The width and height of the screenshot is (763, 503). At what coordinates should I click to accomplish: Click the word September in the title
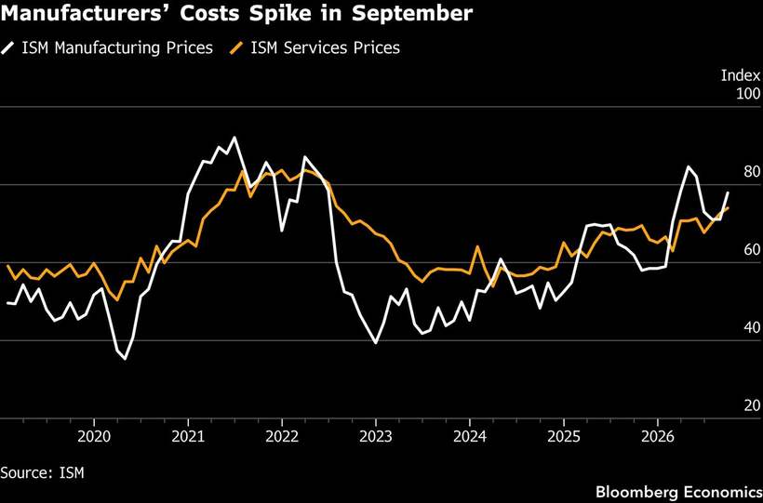411,13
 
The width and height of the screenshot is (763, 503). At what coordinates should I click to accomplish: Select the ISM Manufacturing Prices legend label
117,48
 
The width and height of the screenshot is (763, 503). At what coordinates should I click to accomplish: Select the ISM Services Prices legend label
326,48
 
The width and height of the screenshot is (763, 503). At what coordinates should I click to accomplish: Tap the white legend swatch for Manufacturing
8,48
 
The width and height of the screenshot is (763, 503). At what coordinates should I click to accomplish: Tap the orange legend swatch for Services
235,48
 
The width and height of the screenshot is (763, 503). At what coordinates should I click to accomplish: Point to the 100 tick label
748,93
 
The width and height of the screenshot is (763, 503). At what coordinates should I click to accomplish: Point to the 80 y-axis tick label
751,172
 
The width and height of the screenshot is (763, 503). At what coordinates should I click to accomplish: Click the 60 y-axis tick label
751,249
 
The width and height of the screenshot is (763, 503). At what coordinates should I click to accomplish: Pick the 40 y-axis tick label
751,327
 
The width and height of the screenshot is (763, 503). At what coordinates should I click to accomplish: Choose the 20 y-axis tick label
751,405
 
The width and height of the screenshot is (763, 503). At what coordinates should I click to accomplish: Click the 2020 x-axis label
94,436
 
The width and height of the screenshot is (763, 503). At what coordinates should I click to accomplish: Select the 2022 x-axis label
282,436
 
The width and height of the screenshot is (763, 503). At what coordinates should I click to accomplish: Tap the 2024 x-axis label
470,436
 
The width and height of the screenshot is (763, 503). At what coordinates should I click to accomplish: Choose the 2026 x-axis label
658,436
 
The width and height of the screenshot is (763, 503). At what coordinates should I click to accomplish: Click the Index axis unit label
740,75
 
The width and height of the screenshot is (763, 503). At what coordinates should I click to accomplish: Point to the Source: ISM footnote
42,472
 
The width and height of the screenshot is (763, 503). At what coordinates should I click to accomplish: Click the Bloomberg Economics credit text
678,492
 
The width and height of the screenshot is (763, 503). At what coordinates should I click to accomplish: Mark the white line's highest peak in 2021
234,138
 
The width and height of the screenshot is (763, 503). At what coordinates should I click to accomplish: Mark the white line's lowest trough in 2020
125,359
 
